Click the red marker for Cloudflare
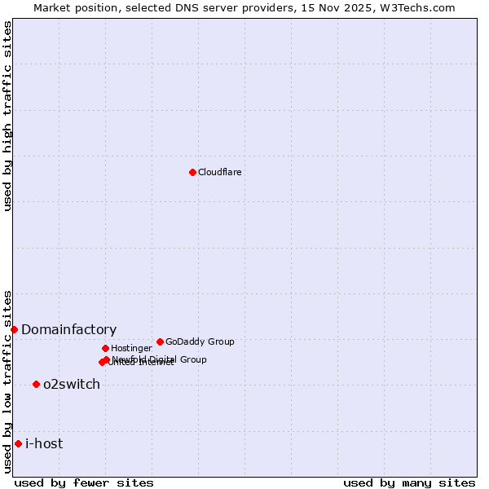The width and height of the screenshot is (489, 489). coord(192,172)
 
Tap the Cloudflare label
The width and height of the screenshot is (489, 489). coord(219,172)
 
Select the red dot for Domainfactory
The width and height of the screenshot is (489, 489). coord(14,329)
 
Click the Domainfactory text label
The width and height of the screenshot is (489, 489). coord(68,329)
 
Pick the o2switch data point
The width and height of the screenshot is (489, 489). coord(36,384)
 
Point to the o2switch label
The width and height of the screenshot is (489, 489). coord(72,384)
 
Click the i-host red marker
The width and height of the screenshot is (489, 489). coord(18,443)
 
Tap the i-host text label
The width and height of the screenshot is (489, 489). coord(44,443)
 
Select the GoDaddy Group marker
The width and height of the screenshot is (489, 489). coord(160,341)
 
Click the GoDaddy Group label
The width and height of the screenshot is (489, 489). coord(200,341)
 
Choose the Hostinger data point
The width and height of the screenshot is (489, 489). coord(105,348)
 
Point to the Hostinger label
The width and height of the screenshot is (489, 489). coord(131,348)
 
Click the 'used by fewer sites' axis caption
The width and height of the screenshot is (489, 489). coord(84,482)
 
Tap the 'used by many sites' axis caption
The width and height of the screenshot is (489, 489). coord(409,482)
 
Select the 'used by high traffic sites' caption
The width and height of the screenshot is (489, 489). coord(7,116)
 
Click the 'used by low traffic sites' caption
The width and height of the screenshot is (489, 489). coord(7,381)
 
